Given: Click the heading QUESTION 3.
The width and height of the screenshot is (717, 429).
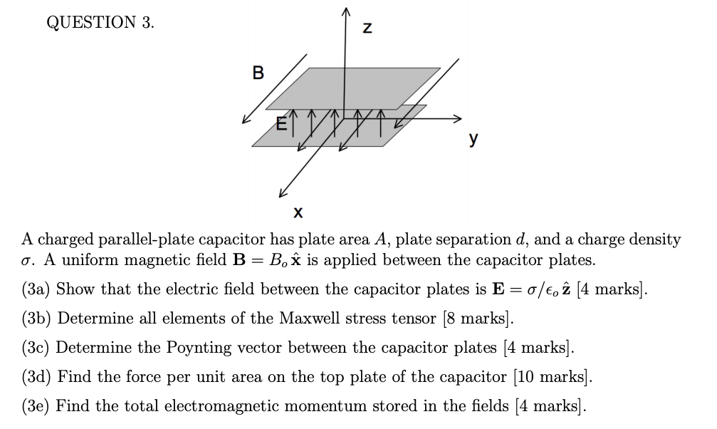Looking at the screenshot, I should coord(100,23).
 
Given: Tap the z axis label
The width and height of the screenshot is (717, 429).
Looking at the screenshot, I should coord(367,29).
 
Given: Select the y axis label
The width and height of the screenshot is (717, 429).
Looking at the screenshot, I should coord(472,140).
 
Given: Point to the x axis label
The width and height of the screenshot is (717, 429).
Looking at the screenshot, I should coord(298,212).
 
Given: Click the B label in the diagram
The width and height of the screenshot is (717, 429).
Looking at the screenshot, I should coord(258,73).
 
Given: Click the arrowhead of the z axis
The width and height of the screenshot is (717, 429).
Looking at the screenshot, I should coord(347,9).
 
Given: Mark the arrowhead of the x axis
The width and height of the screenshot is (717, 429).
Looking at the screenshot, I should coord(282,193).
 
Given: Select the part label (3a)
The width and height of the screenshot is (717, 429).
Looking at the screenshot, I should coord(36,289).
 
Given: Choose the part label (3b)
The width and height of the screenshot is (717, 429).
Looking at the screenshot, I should coord(36,319).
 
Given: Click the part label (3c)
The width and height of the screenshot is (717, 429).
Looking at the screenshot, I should coord(36,348).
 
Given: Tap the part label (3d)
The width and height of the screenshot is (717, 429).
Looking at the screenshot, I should coord(36,377).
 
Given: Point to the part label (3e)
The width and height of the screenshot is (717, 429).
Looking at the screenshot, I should coord(36,406).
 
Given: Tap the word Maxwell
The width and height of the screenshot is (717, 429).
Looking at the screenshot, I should coord(270,319).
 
